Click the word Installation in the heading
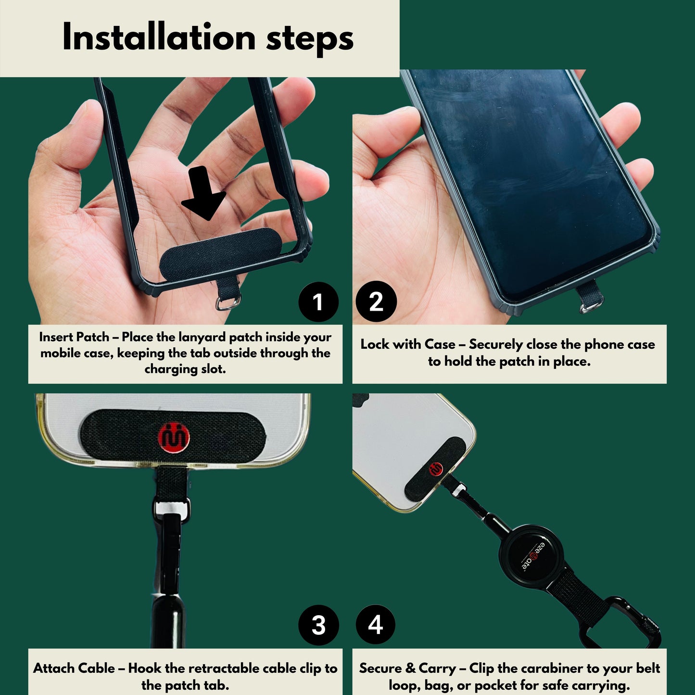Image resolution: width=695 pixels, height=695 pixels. tap(159, 38)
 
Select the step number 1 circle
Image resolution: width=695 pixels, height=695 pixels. tap(318, 302)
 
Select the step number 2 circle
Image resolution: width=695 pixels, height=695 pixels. tap(376, 302)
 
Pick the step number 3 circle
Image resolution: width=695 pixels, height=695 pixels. tap(318, 625)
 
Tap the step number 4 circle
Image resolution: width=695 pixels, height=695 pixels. tap(376, 625)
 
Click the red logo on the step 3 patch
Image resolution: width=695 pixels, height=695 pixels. tap(174, 437)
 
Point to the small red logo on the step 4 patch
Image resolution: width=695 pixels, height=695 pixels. tap(436, 469)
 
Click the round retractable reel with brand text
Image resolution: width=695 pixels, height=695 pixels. tap(533, 556)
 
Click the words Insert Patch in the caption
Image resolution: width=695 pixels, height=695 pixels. tap(74, 337)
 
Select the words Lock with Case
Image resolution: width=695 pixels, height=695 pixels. tap(408, 345)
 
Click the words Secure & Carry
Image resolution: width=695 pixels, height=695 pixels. tap(407, 669)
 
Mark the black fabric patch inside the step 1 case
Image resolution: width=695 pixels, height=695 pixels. tap(216, 255)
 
